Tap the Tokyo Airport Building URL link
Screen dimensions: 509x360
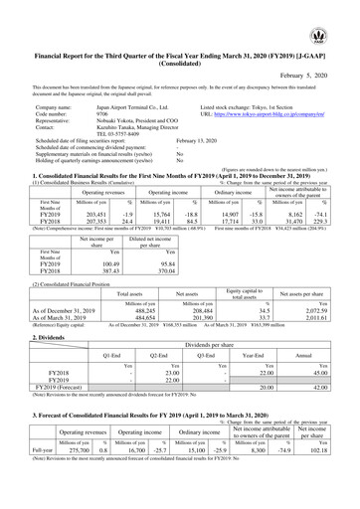265,115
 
